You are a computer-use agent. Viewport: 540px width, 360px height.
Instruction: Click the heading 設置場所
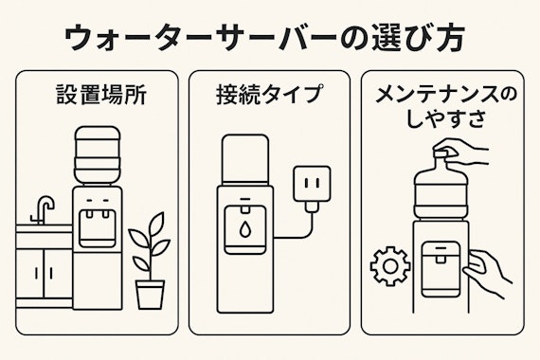coord(101,95)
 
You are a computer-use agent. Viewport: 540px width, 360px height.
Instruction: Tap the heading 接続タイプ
coord(270,94)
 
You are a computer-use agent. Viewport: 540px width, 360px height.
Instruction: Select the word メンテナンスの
coord(446,95)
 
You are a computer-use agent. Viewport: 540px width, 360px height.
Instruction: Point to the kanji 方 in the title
coord(445,37)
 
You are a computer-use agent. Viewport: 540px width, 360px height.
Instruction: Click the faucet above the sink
coord(43,209)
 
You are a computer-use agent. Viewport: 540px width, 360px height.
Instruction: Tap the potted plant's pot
coord(150,295)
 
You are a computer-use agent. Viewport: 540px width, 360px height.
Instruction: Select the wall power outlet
coord(312,183)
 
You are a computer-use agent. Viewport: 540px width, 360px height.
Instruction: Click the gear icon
coord(390,265)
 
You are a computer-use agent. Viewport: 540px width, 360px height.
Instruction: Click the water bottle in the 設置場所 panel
coord(98,155)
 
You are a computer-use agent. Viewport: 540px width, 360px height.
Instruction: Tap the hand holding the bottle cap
coord(460,152)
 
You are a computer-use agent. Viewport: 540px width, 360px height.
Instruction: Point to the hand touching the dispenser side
coord(486,273)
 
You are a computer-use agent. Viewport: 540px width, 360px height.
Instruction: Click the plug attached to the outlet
coord(312,207)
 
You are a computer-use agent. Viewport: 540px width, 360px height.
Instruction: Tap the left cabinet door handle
coord(37,273)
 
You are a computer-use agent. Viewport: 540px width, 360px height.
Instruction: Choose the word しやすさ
coord(446,119)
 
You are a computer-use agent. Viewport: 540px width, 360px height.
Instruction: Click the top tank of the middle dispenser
coord(245,159)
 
